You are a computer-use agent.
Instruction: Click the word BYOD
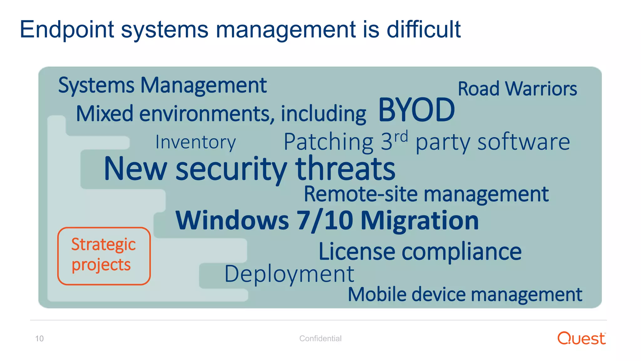(x=416, y=110)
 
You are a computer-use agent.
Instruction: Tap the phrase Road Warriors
(x=517, y=89)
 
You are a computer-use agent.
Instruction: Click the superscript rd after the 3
(x=401, y=137)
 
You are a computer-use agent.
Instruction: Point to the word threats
(x=345, y=169)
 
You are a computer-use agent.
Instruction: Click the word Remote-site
(x=361, y=194)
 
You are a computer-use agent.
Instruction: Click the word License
(x=357, y=252)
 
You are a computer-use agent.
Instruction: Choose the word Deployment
(x=289, y=274)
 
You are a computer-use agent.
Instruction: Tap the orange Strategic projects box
(x=104, y=256)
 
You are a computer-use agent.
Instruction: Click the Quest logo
(x=581, y=338)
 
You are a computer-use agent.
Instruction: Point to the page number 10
(x=39, y=338)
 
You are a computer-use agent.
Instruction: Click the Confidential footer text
(x=320, y=338)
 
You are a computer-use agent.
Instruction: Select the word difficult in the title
(x=423, y=29)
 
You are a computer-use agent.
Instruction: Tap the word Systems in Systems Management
(x=96, y=86)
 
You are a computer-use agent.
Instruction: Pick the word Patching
(x=329, y=142)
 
